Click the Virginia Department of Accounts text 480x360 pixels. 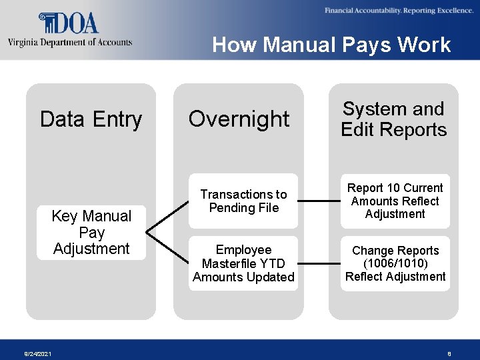click(70, 42)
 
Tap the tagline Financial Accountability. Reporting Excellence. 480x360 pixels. click(399, 11)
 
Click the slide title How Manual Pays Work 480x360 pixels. click(331, 45)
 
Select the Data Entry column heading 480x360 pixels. click(91, 119)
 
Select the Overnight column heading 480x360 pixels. click(239, 119)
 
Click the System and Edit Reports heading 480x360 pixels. click(394, 119)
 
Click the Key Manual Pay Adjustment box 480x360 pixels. click(91, 232)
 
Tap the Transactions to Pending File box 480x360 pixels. click(243, 201)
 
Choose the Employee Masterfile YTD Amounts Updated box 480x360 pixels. click(243, 263)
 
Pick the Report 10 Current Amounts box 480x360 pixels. click(395, 201)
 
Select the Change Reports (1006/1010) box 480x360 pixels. click(395, 263)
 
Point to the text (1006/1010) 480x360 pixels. click(396, 263)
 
